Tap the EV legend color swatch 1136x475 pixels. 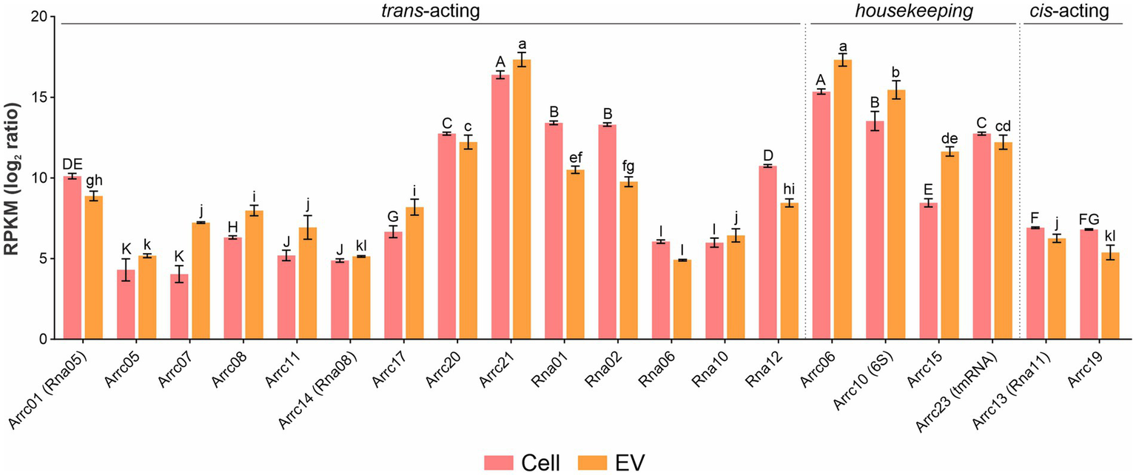(x=590, y=462)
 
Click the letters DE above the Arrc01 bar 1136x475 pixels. (x=72, y=164)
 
